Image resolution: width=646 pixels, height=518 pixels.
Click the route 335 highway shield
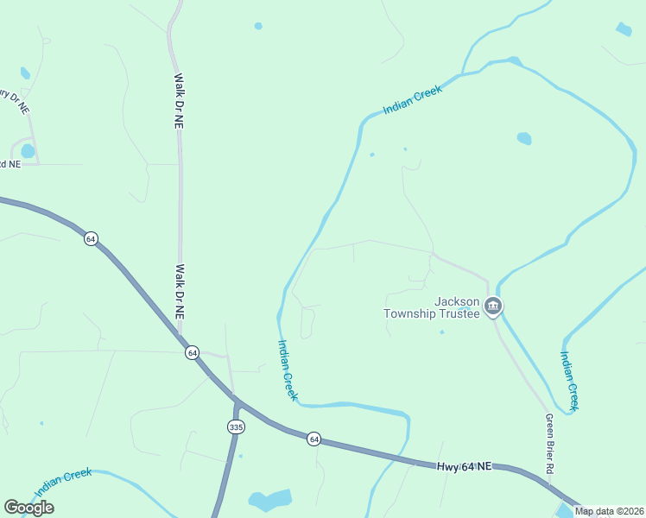(x=237, y=426)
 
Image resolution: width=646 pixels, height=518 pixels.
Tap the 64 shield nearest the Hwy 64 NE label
(x=314, y=439)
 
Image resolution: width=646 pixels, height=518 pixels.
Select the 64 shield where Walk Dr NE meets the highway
(x=192, y=352)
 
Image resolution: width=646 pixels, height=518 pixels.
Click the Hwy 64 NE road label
(x=464, y=465)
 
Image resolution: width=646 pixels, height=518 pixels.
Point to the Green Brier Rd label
(x=549, y=443)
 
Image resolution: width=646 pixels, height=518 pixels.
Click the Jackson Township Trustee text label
(x=432, y=307)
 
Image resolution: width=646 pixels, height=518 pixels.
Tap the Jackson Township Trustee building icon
(x=493, y=306)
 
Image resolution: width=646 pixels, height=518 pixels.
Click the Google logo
(x=28, y=508)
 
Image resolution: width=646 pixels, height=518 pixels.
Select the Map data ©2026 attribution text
(x=608, y=511)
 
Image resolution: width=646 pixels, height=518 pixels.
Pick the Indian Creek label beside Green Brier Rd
(x=568, y=380)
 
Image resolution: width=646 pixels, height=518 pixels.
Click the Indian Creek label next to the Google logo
(x=63, y=483)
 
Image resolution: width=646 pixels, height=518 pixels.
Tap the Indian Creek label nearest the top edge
(x=413, y=99)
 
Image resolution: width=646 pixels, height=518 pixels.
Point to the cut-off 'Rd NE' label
(x=9, y=163)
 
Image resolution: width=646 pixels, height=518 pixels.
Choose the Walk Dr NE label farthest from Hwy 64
(x=179, y=100)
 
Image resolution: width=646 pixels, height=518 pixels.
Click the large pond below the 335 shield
(x=269, y=500)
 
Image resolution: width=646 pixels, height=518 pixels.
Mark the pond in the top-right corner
(x=624, y=29)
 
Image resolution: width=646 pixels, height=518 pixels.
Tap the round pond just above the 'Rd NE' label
(x=28, y=151)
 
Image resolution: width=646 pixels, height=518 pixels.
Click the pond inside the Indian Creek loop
(x=524, y=138)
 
